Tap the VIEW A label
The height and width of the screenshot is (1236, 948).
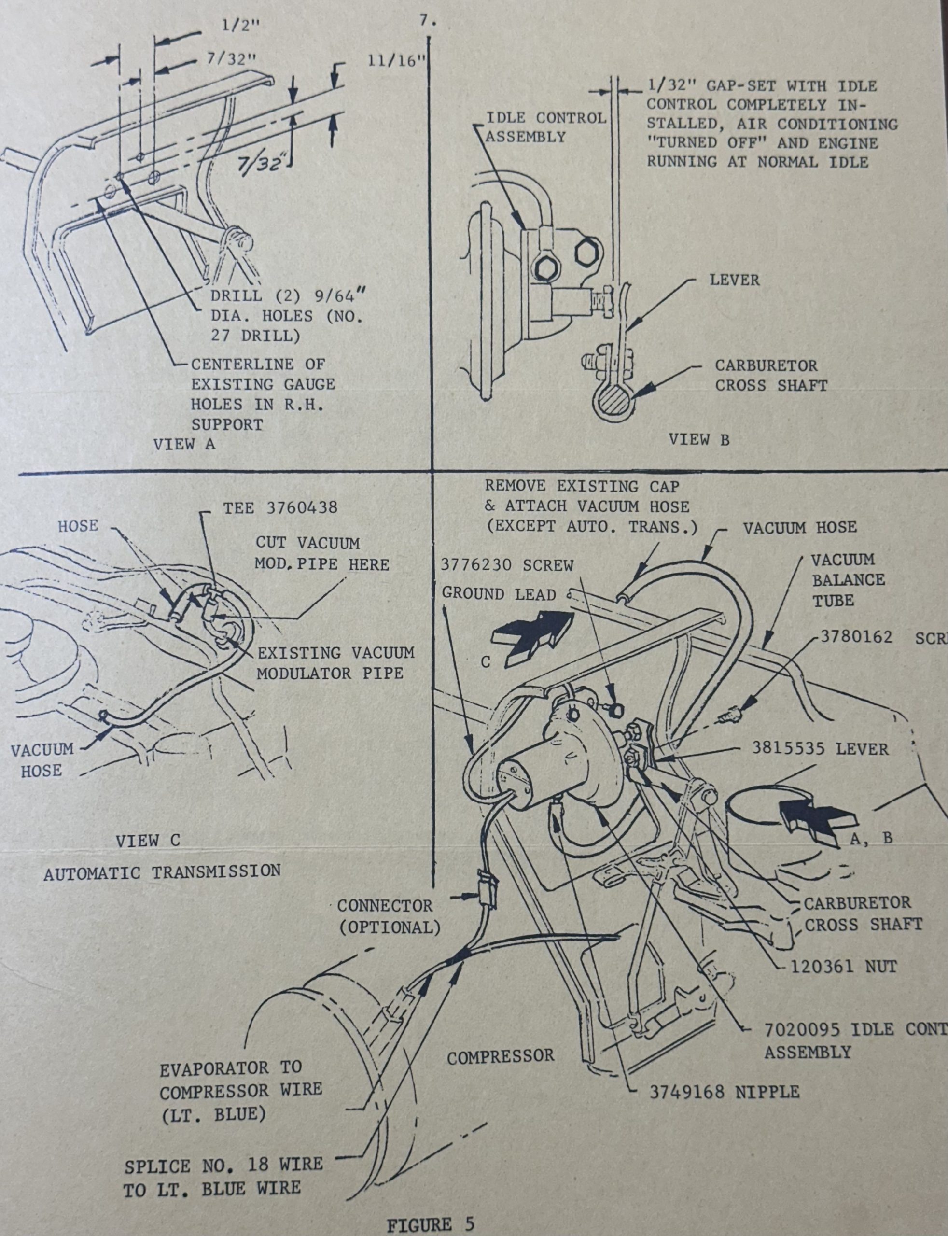(x=184, y=444)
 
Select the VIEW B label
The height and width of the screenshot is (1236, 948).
(x=698, y=440)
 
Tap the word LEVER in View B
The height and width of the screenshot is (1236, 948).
(x=734, y=280)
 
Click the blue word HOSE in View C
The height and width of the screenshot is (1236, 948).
(x=78, y=525)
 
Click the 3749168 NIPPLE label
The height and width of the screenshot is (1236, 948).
(x=724, y=1092)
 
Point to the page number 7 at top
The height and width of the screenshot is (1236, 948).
(x=427, y=21)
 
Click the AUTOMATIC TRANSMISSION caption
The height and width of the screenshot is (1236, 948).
(x=162, y=871)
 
